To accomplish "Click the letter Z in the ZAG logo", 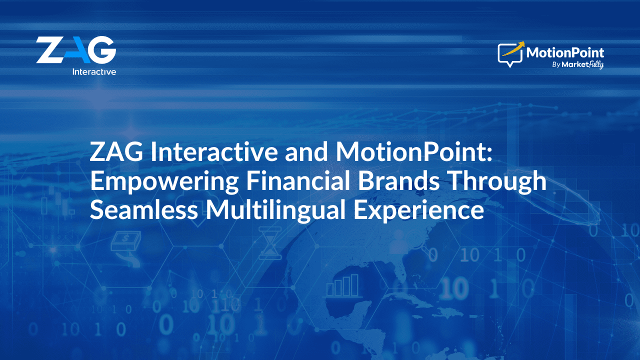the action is pyautogui.click(x=50, y=49).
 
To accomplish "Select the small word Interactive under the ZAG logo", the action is pyautogui.click(x=94, y=71).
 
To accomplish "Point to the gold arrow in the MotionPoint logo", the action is pyautogui.click(x=513, y=48).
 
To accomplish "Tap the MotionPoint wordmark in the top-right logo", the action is pyautogui.click(x=565, y=53).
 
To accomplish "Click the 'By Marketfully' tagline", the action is pyautogui.click(x=577, y=65).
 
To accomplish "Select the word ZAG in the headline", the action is pyautogui.click(x=116, y=151).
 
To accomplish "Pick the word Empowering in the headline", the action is pyautogui.click(x=164, y=182).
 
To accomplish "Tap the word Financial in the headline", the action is pyautogui.click(x=298, y=180).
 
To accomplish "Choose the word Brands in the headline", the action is pyautogui.click(x=398, y=180).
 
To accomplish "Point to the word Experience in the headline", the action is pyautogui.click(x=419, y=211).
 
